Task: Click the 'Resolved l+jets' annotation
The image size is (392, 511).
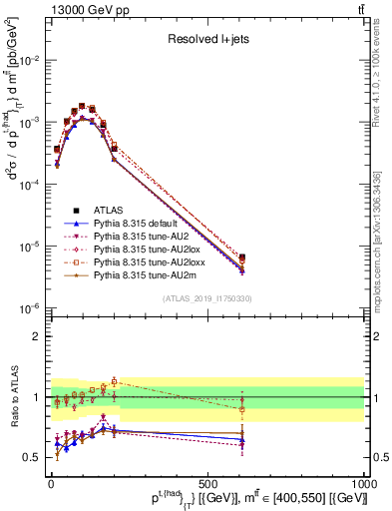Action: [206, 41]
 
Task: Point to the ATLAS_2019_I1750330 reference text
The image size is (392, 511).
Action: [206, 298]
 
